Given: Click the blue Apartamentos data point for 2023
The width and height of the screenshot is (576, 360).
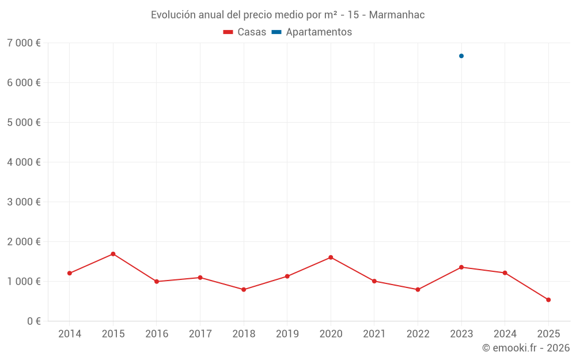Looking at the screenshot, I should [x=461, y=56].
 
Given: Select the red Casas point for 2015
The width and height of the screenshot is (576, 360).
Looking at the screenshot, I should [x=113, y=254].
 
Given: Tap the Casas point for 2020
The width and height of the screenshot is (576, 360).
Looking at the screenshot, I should [x=331, y=257].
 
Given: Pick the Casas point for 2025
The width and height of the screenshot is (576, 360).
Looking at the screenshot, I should [x=548, y=300].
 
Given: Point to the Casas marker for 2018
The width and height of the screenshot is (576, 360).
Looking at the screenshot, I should [x=244, y=290].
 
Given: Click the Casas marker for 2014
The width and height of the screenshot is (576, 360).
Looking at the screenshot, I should [x=70, y=273].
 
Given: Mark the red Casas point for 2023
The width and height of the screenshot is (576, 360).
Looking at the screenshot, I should [x=461, y=267].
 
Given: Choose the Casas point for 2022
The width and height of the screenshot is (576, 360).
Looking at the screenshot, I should [x=418, y=290].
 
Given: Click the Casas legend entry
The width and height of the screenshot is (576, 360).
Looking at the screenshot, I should [x=245, y=32].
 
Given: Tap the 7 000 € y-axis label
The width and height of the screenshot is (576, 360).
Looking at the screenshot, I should [x=24, y=43].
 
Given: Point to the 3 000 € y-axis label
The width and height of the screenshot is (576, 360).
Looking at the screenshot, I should [x=24, y=202].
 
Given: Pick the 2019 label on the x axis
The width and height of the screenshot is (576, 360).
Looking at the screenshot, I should [x=287, y=334].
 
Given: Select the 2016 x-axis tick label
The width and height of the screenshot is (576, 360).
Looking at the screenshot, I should [x=157, y=334].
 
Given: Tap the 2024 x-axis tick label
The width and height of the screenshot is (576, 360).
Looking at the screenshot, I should [x=505, y=334].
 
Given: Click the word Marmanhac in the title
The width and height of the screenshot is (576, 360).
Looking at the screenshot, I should [x=396, y=15].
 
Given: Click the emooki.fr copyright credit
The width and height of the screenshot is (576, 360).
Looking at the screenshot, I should [x=526, y=348].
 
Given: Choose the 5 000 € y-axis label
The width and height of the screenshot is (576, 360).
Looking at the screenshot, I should [x=24, y=122].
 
